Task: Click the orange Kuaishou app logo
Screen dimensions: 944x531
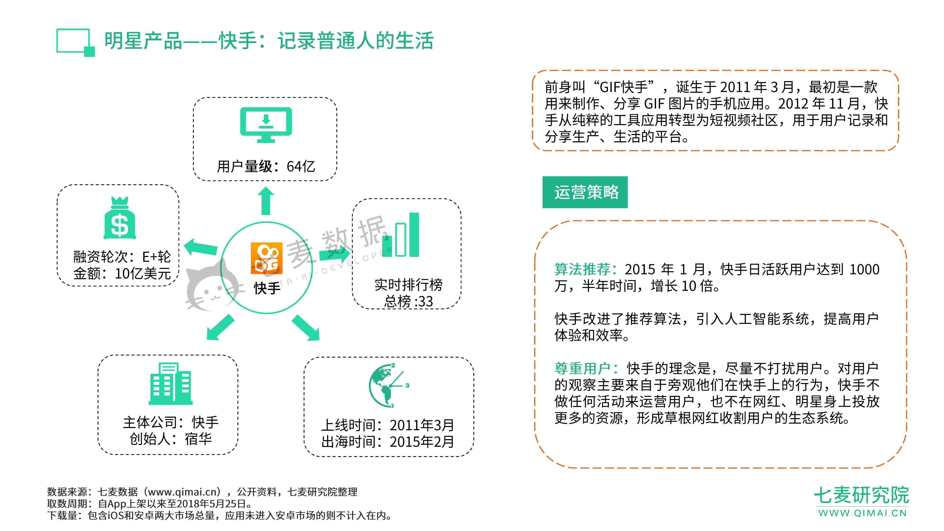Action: pos(266,258)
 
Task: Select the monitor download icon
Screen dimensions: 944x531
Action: pos(266,125)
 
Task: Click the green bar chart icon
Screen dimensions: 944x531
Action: pos(400,235)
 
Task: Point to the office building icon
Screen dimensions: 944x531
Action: pos(170,384)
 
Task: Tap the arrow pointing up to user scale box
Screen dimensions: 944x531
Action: pos(266,201)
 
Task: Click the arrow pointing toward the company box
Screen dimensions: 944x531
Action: pos(220,327)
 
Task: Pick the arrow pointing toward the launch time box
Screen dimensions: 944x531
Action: pos(306,328)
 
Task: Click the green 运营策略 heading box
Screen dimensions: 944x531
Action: pos(585,192)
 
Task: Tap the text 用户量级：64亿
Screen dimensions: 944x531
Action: pos(266,166)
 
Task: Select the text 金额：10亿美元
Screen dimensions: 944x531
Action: pos(122,273)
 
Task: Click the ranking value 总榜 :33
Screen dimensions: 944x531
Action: pos(408,301)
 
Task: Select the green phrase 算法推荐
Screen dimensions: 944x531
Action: pos(582,269)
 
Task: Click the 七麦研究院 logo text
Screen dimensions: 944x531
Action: pos(861,495)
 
